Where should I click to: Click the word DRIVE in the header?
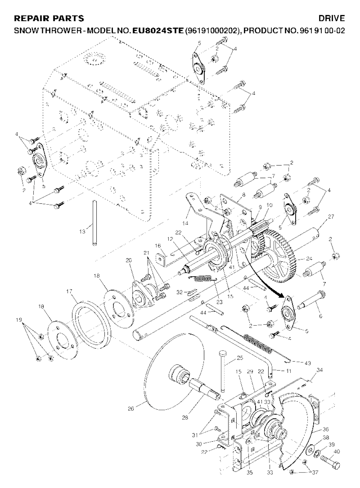pos(332,18)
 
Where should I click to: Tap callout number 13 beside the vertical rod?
pos(82,231)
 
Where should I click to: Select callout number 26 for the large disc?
pos(131,409)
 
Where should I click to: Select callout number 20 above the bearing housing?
pos(129,260)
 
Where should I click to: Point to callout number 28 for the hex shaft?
pos(185,418)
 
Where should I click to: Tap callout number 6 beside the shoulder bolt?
pos(320,316)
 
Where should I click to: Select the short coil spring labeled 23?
pos(202,279)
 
